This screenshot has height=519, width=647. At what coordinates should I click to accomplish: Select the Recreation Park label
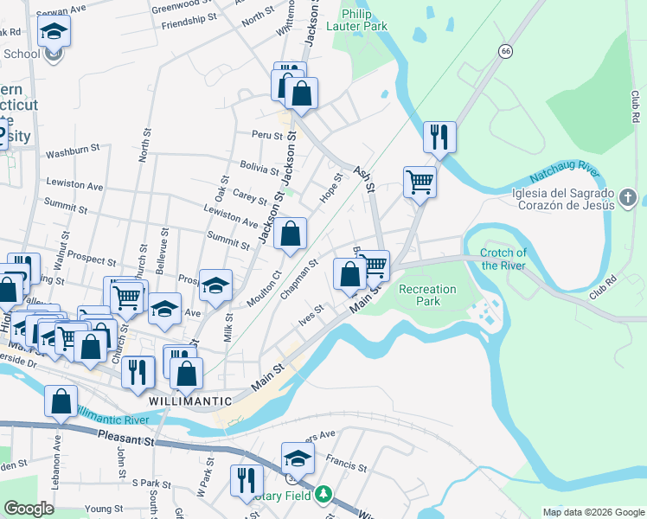pyautogui.click(x=420, y=295)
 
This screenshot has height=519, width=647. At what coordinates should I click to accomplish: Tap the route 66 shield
pyautogui.click(x=503, y=52)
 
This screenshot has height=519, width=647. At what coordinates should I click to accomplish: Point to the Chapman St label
pyautogui.click(x=300, y=279)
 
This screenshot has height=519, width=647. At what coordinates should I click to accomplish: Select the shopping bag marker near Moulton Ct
pyautogui.click(x=291, y=234)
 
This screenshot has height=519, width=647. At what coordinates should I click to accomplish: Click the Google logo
pyautogui.click(x=29, y=509)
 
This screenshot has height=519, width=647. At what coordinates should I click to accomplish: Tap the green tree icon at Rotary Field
pyautogui.click(x=323, y=495)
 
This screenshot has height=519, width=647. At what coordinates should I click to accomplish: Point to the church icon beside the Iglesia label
pyautogui.click(x=628, y=199)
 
